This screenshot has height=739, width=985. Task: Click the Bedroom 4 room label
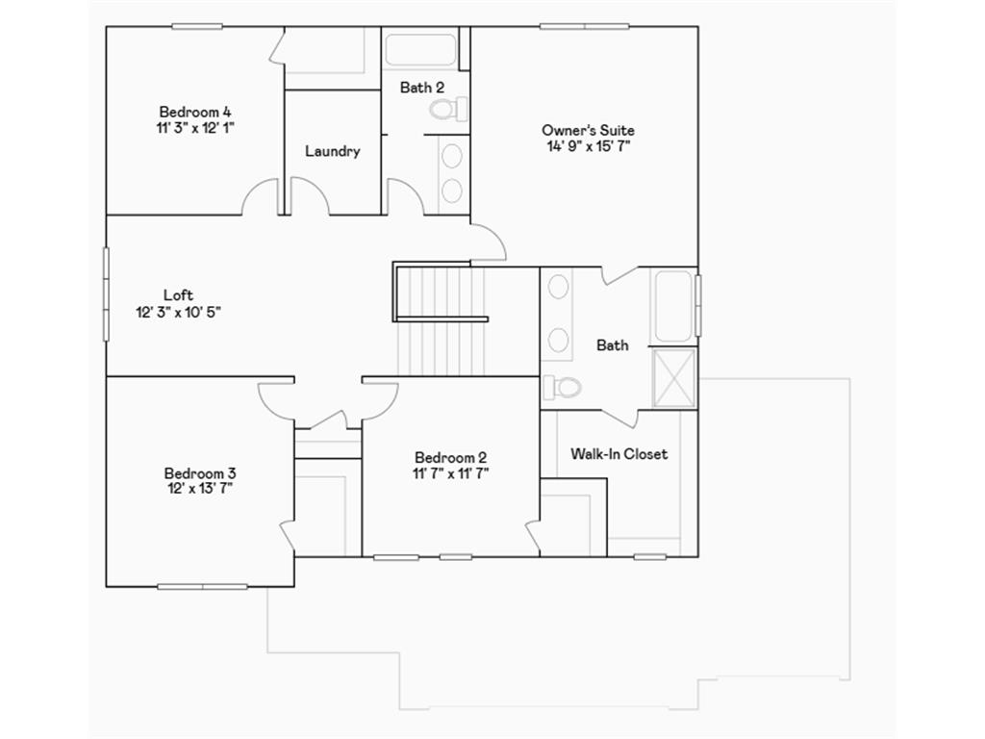coord(195,111)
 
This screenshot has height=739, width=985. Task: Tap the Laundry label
coord(333,151)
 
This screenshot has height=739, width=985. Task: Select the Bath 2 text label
coord(422,88)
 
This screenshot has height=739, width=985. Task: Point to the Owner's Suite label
coord(588,130)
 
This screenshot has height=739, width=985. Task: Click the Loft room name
coord(178,295)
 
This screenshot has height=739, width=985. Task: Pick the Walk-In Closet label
coord(619,453)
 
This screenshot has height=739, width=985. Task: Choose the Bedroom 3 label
coord(200,472)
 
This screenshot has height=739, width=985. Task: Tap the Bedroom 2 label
coord(451,457)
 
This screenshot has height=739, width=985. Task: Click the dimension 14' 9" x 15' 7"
coord(588,146)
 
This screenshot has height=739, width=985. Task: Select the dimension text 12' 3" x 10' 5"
coord(179,312)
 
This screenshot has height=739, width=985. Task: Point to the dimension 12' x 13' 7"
coord(200,488)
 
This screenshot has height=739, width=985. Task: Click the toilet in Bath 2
coord(446,109)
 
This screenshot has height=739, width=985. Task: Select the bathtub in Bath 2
coord(420,50)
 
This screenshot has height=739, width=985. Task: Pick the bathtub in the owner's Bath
coord(674,306)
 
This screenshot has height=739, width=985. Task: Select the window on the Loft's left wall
coord(106,293)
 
